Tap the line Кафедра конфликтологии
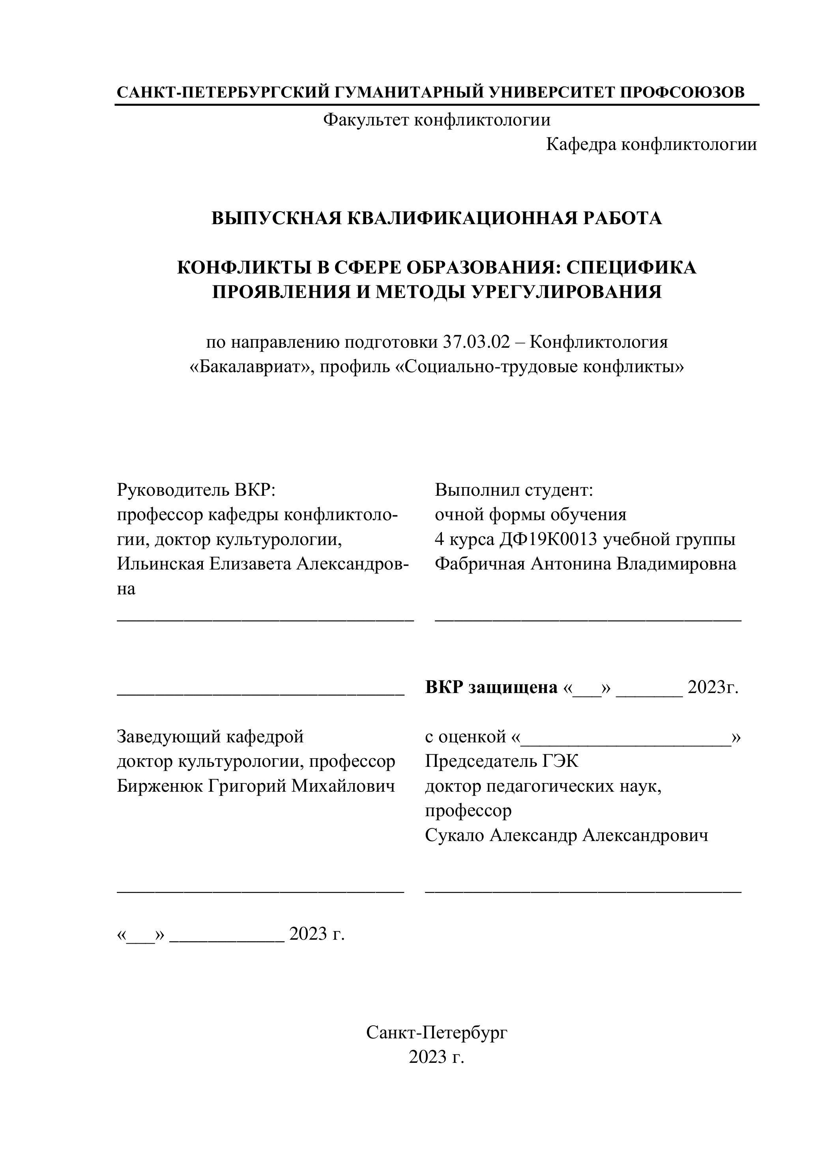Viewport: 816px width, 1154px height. [651, 145]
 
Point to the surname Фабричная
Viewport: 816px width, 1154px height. [480, 564]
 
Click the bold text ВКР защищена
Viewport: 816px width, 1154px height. [491, 687]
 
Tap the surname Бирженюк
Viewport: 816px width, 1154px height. [160, 786]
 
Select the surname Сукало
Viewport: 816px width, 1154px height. [454, 836]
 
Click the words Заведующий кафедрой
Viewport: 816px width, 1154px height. [210, 737]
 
